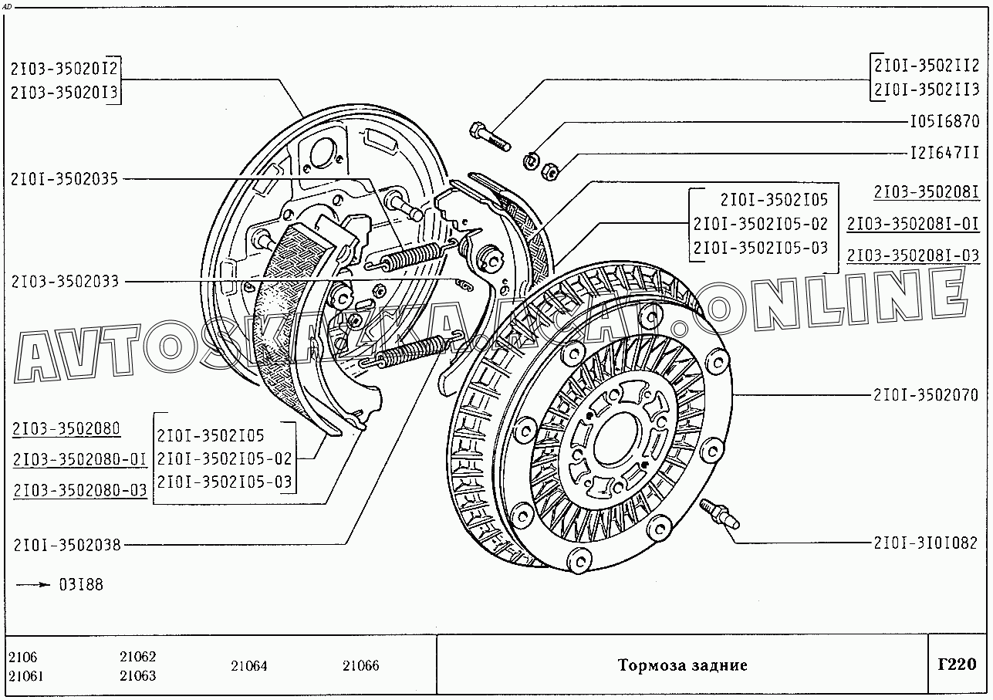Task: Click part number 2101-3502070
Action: [x=925, y=395]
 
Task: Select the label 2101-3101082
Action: [x=925, y=543]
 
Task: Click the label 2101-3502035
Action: [x=64, y=180]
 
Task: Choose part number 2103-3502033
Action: [x=65, y=282]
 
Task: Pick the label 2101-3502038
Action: [x=66, y=545]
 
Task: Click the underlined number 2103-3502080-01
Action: [x=79, y=460]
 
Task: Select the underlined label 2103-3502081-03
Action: [x=913, y=255]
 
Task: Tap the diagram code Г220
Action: [x=957, y=664]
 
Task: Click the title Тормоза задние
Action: [x=682, y=665]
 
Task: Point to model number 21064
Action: [x=249, y=666]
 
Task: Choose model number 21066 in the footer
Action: [x=361, y=666]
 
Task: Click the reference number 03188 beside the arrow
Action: [x=80, y=584]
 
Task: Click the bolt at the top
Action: [x=488, y=137]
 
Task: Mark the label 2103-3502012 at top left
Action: [x=65, y=69]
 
